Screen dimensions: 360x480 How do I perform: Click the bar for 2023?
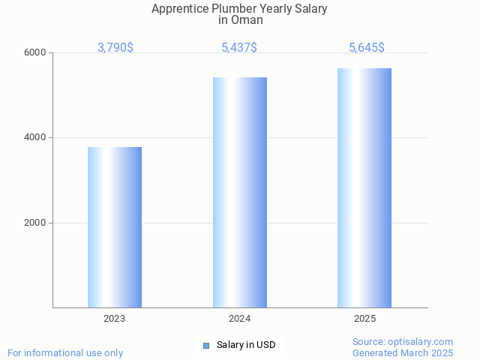pos(115,227)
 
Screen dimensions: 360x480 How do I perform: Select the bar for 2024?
pos(240,192)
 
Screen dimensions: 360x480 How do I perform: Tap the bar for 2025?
pos(364,187)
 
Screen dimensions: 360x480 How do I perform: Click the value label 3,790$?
pos(115,48)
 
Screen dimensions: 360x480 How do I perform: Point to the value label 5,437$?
pos(239,48)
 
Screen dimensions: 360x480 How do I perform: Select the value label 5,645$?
pos(367,48)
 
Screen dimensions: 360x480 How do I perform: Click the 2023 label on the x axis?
pos(115,319)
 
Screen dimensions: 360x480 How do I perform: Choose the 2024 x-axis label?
pos(240,319)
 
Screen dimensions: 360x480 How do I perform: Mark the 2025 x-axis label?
pos(364,319)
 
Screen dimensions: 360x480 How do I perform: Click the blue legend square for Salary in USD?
pos(206,345)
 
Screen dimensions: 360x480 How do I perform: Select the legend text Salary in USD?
pos(246,345)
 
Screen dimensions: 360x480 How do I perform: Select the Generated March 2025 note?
pos(403,353)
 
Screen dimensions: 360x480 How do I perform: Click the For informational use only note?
pos(65,353)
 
